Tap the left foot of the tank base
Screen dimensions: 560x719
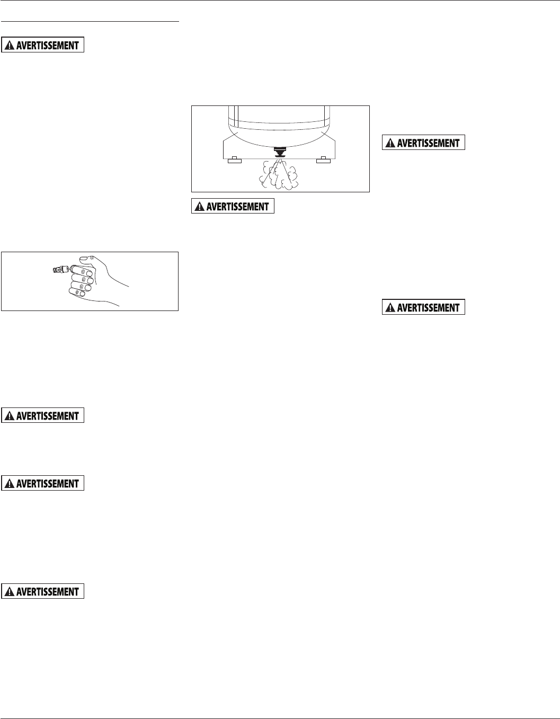[x=234, y=160]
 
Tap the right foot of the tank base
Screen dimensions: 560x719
[x=323, y=160]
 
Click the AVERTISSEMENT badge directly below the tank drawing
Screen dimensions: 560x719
[x=233, y=207]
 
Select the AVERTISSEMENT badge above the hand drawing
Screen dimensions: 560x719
[x=43, y=45]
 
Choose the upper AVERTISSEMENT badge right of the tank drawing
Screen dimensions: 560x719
[x=423, y=143]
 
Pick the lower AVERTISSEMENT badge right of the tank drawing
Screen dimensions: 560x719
[x=423, y=307]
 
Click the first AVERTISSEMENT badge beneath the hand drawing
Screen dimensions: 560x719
[x=43, y=416]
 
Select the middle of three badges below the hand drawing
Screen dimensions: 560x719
[x=43, y=483]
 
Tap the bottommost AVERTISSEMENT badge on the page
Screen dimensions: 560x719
[x=43, y=591]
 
